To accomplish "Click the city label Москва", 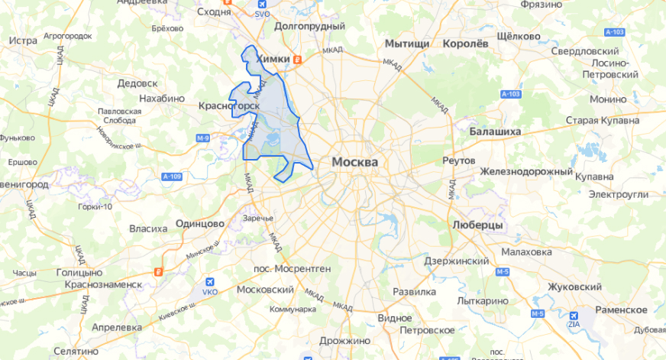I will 354,163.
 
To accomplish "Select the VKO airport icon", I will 209,281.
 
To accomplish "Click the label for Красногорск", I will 229,105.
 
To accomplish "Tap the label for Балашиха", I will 495,131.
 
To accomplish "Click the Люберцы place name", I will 477,226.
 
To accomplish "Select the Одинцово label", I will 199,223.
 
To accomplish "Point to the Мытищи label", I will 407,44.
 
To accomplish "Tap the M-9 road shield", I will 202,138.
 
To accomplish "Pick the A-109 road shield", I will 173,177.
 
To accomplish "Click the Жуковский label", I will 574,287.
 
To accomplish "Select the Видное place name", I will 394,317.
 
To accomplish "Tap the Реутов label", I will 459,161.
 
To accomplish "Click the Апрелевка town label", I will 117,326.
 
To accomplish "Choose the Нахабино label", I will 162,98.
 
